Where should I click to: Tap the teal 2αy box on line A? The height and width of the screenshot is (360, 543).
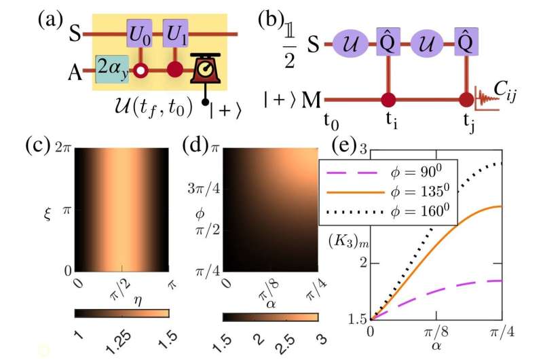(112, 69)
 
